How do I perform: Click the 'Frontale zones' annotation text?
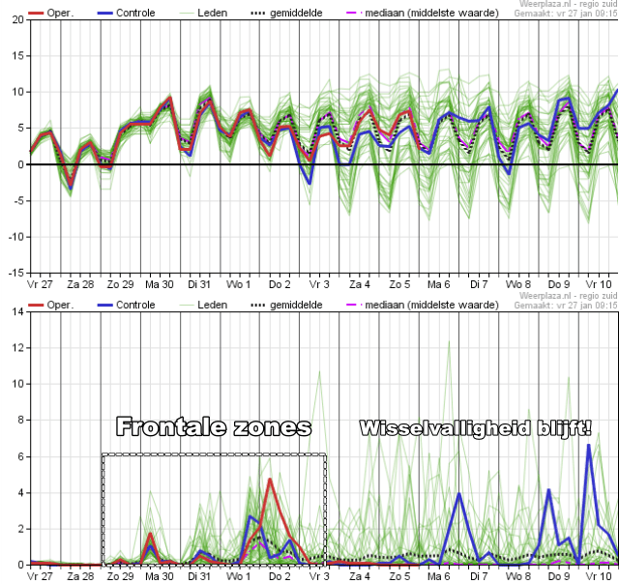[x=214, y=426]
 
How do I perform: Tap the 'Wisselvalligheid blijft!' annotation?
[x=475, y=427]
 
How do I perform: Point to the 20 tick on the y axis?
[x=18, y=20]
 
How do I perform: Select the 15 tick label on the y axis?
[x=18, y=56]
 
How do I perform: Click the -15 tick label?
[x=15, y=273]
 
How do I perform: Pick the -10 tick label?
[x=15, y=237]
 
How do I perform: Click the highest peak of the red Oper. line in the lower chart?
[x=270, y=480]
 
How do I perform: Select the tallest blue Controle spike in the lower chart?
[x=588, y=446]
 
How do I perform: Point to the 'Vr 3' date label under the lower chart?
[x=319, y=576]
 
